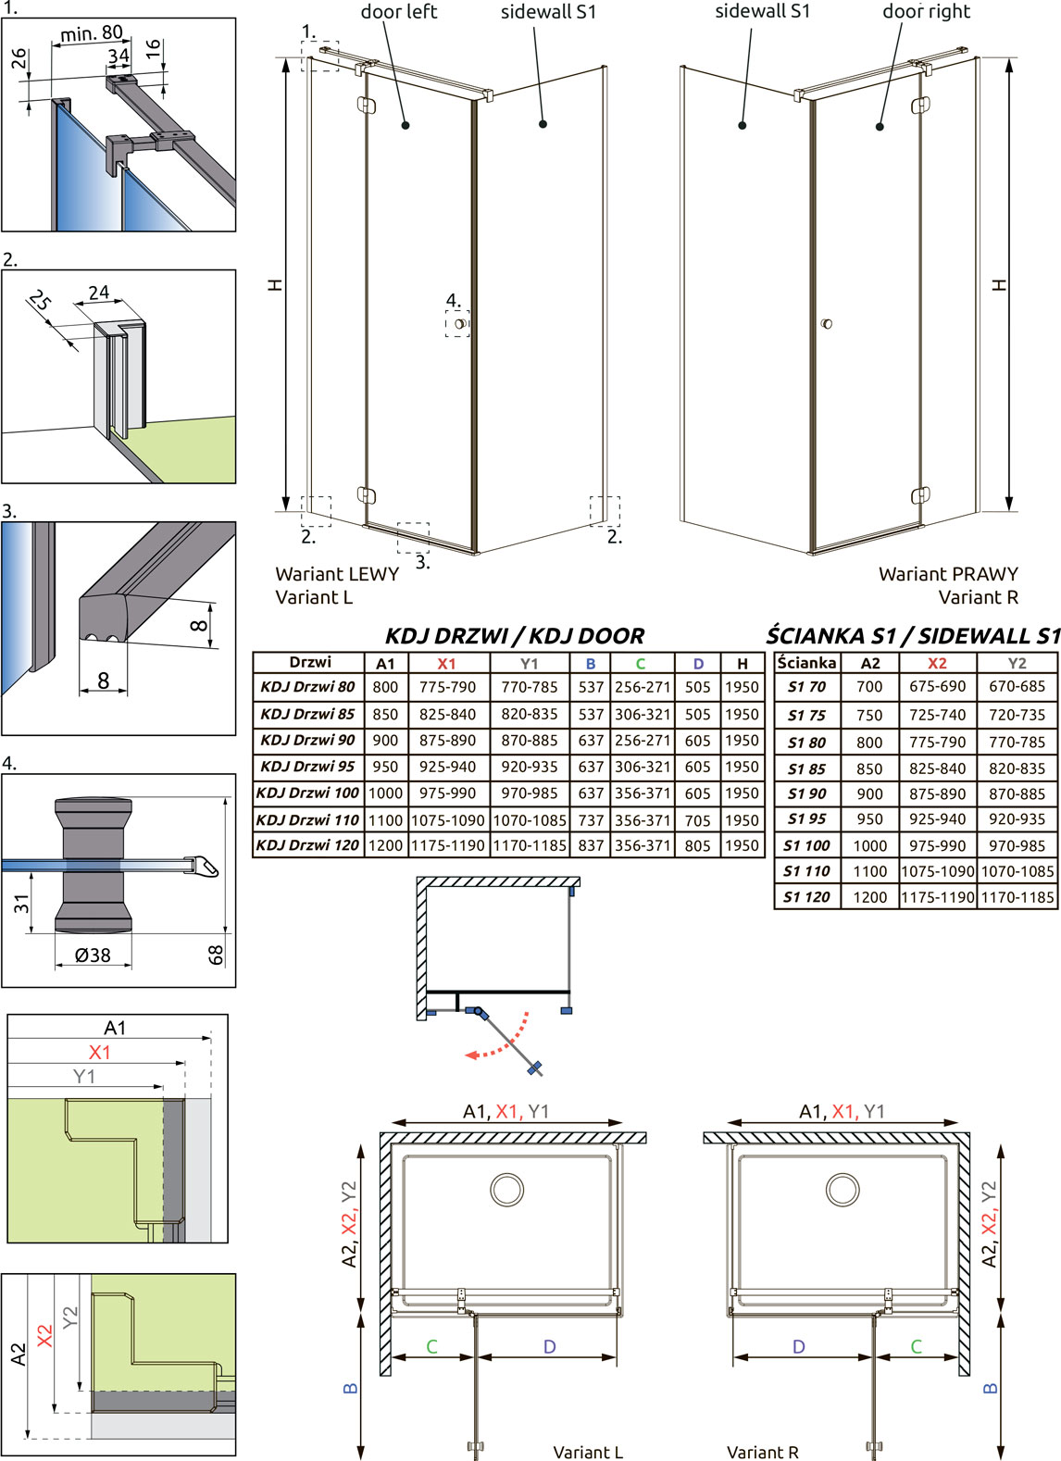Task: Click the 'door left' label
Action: tap(398, 12)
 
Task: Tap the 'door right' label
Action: tap(926, 12)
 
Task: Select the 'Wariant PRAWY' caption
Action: tap(948, 574)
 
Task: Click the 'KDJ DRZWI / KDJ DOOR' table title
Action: tap(515, 635)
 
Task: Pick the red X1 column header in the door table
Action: tap(446, 664)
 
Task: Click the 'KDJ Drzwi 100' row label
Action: tap(307, 793)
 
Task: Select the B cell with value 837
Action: tap(591, 845)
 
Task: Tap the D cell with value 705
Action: tap(698, 820)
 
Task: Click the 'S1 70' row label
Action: tap(806, 687)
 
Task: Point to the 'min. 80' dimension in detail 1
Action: tap(92, 32)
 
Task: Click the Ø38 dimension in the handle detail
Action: tap(93, 955)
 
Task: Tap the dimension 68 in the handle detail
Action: tap(216, 955)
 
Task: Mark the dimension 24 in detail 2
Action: tap(98, 293)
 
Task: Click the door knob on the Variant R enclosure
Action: tap(826, 323)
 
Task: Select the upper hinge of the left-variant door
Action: tap(367, 105)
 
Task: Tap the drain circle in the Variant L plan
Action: tap(506, 1190)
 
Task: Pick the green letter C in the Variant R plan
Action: tap(916, 1347)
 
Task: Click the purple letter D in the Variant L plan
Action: tap(549, 1347)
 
